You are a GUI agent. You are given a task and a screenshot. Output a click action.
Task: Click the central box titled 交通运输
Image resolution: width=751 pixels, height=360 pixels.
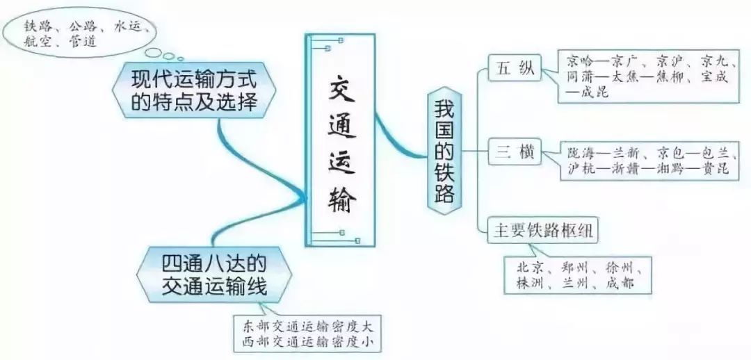click(340, 140)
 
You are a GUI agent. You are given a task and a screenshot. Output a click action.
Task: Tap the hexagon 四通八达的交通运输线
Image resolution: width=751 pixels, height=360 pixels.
click(214, 275)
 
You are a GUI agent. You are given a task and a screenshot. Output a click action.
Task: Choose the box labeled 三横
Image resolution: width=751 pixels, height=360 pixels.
click(515, 154)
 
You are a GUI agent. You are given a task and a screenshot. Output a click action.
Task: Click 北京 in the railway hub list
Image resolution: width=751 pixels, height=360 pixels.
click(530, 268)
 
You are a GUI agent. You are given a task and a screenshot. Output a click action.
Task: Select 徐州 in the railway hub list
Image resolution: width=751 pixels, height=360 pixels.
click(620, 268)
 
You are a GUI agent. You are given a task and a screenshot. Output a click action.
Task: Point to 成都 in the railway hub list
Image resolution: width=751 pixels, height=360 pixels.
click(620, 284)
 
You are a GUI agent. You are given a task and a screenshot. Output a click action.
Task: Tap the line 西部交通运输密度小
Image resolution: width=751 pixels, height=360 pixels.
click(307, 342)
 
